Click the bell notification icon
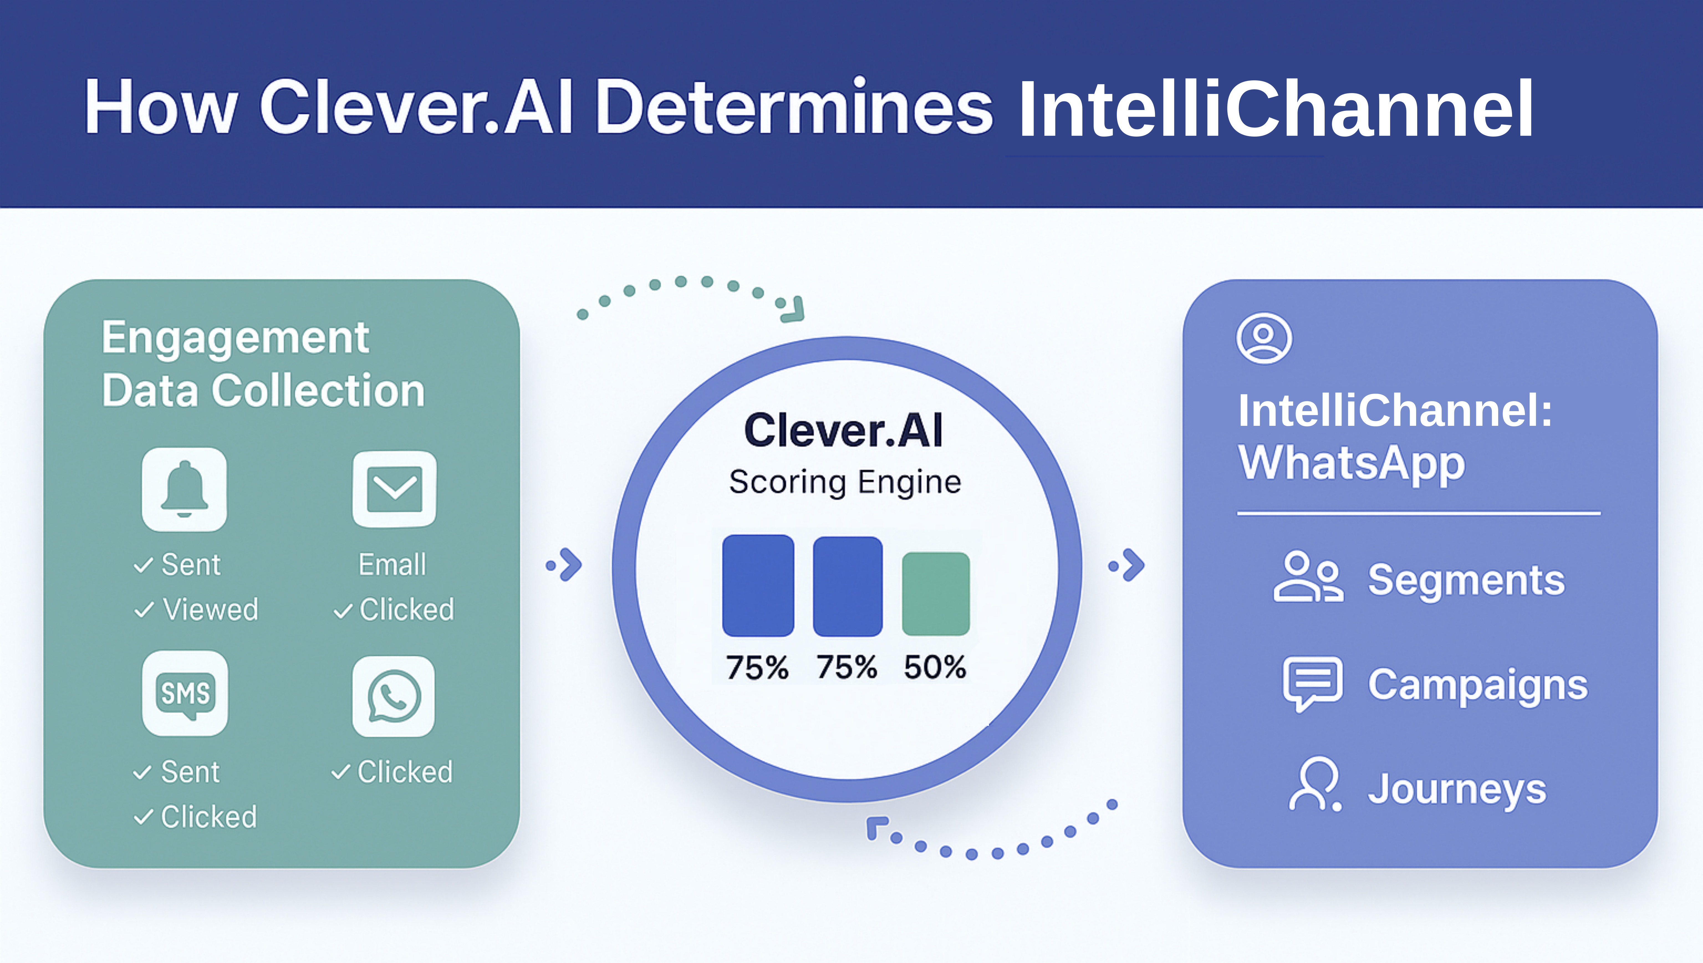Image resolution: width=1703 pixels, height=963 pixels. pos(185,490)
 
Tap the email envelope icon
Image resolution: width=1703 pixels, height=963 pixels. pos(394,490)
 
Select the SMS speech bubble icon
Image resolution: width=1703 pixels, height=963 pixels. pos(185,693)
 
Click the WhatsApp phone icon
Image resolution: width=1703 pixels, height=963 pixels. pos(394,696)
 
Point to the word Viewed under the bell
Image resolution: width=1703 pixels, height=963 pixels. pos(210,609)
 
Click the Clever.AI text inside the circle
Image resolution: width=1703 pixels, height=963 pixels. pos(843,431)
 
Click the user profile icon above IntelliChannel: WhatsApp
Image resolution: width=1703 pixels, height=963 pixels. pos(1264,338)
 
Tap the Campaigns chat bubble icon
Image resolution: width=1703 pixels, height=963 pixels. pos(1313,683)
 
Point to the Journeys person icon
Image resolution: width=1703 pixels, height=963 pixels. pos(1315,784)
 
